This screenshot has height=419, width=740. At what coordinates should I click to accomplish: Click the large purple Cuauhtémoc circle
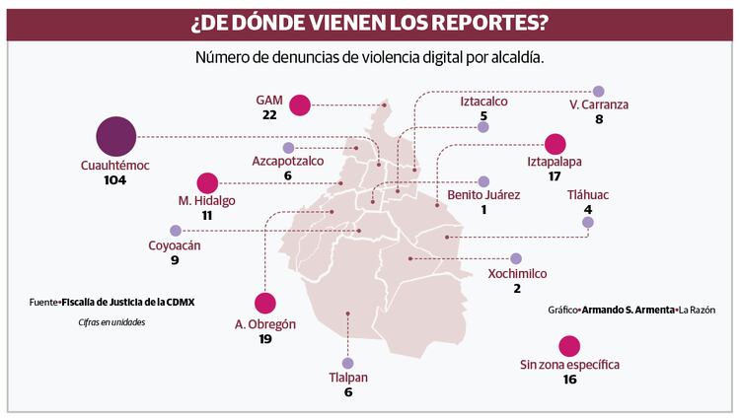point(115,136)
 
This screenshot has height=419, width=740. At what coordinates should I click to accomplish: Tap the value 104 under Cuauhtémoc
point(115,182)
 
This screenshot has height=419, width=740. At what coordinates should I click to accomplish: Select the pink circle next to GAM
point(300,104)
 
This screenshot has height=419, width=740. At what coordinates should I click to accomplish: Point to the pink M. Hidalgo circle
point(207,182)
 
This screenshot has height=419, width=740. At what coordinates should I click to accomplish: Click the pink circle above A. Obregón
point(265,304)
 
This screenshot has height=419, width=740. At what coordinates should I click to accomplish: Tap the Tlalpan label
point(347,378)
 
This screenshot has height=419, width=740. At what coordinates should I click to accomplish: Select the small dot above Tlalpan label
point(347,362)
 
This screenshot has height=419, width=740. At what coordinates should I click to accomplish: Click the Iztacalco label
point(483,101)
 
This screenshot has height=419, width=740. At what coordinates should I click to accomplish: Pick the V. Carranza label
point(598,105)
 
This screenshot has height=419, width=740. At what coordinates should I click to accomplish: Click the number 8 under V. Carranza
point(598,119)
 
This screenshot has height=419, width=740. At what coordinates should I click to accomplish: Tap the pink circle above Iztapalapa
point(555,143)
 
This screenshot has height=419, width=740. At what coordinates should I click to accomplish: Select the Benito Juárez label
point(483,195)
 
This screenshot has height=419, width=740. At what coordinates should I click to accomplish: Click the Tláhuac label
point(588,194)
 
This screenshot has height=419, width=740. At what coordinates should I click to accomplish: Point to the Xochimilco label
point(517,273)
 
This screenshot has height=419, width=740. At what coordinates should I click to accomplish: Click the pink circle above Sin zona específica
point(569,346)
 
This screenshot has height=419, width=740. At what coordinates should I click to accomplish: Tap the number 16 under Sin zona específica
point(569,380)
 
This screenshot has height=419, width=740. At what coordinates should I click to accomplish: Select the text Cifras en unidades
point(111,322)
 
